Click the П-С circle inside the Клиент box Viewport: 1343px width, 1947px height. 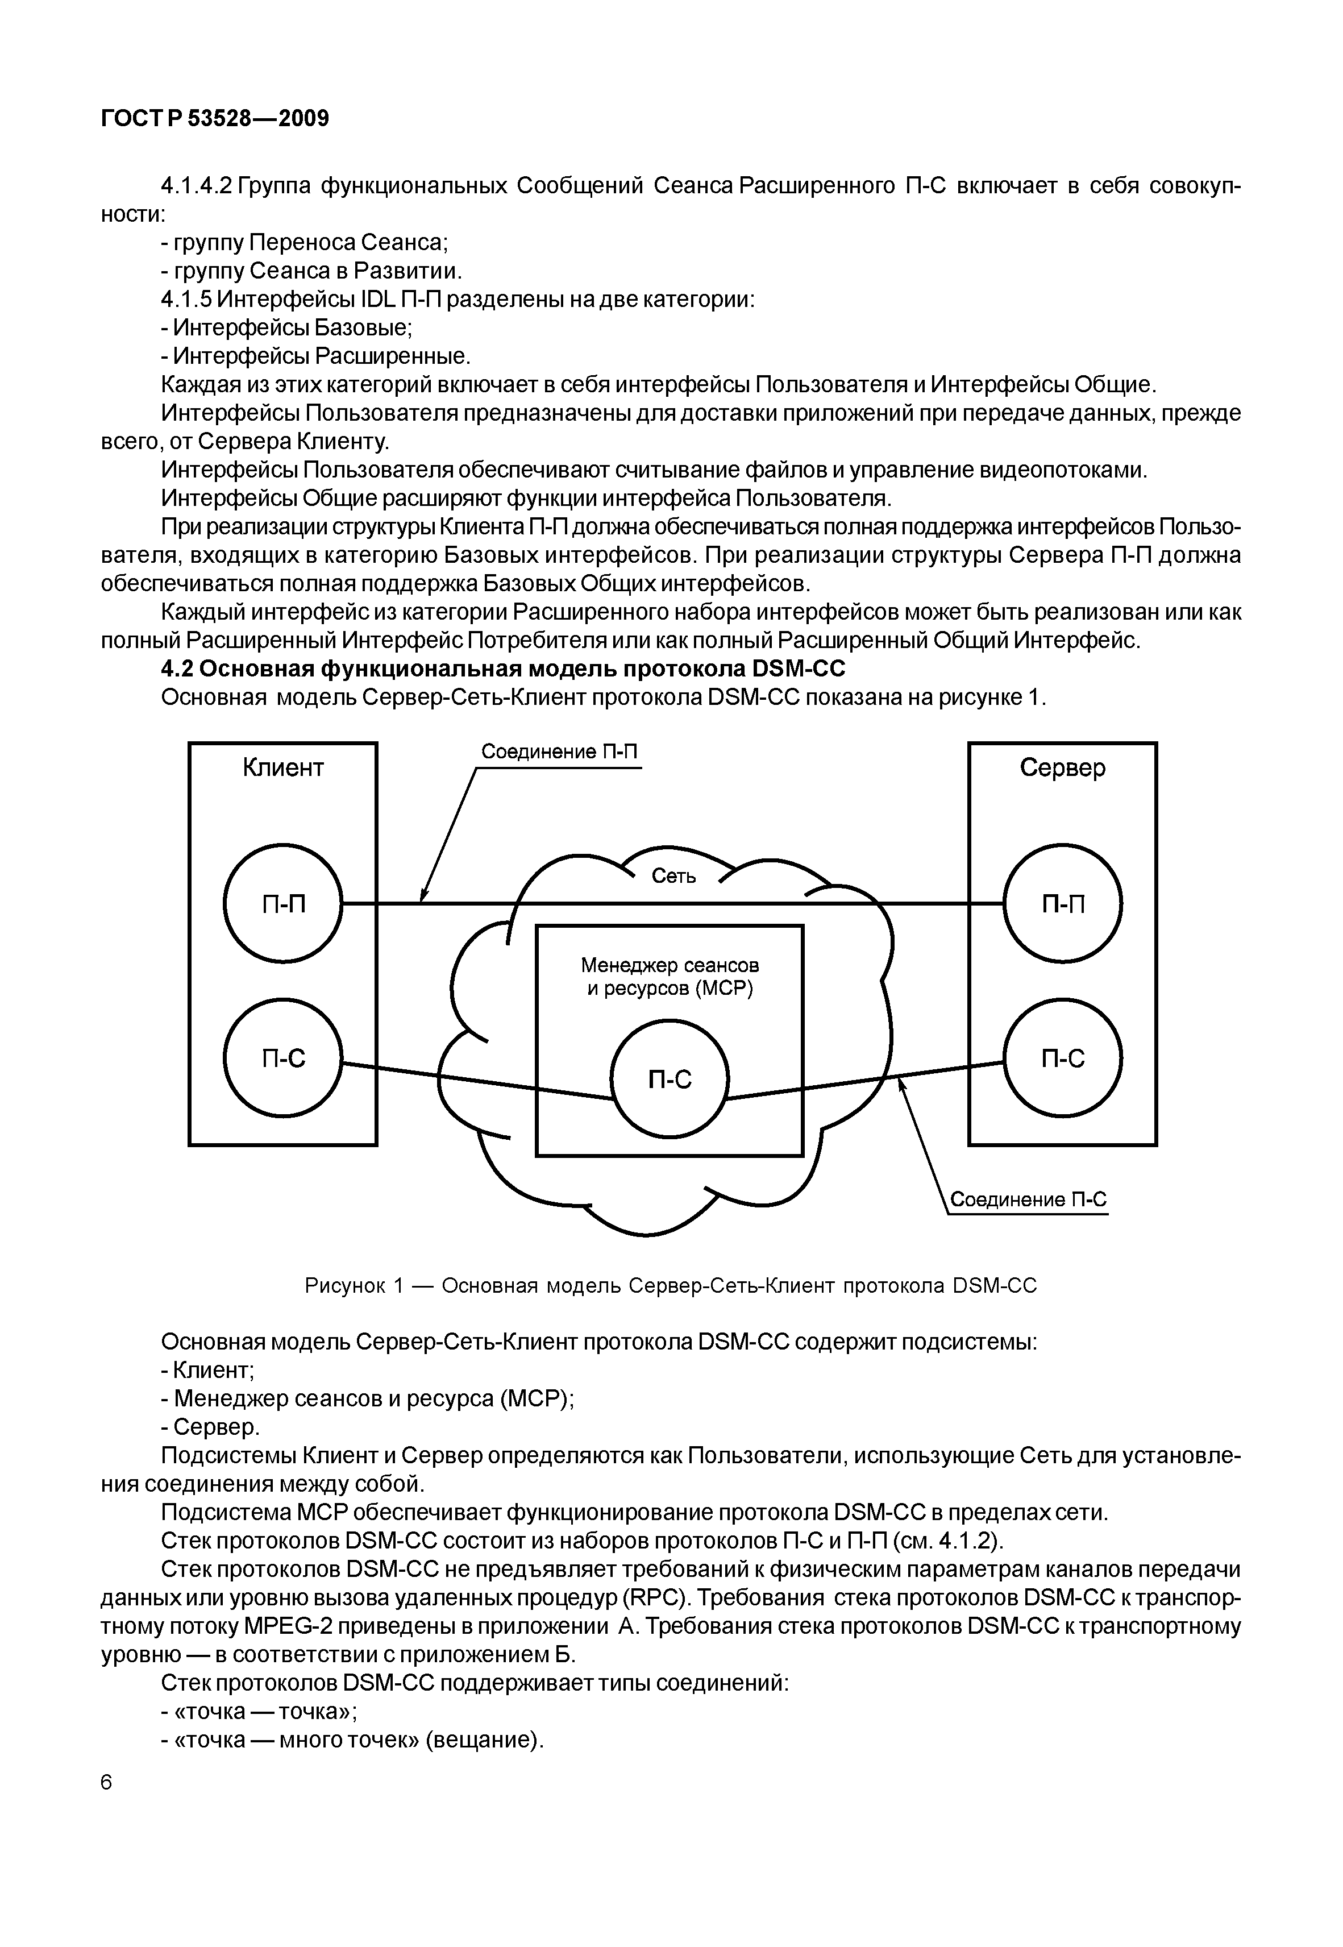tap(284, 1058)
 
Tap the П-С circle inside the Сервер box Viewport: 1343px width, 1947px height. tap(1063, 1058)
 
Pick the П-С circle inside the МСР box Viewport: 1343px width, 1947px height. tap(670, 1080)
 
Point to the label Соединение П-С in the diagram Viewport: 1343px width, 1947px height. tap(1028, 1199)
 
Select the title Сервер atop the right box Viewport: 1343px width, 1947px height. tap(1063, 767)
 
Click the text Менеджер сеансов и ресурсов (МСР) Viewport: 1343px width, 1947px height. tap(670, 976)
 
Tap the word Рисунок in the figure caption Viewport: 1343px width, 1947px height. tap(344, 1286)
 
